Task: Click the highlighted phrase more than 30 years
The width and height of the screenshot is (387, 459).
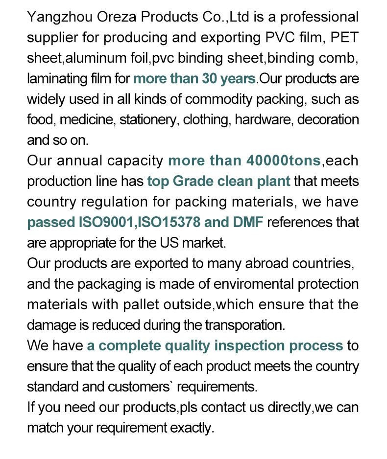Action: [194, 78]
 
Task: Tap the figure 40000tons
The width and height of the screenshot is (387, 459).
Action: [284, 161]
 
